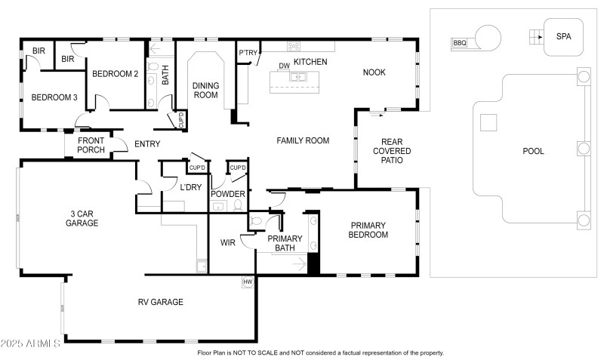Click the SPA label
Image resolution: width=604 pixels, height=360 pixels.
[x=563, y=36]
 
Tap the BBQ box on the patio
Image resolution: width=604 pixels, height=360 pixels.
[x=459, y=43]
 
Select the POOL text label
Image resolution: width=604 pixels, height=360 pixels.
[x=533, y=151]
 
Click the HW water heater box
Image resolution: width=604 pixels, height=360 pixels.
[x=247, y=282]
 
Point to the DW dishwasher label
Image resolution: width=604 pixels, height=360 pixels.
[x=285, y=66]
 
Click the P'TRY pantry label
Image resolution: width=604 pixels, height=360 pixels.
[x=248, y=53]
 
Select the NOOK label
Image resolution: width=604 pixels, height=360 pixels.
[x=374, y=72]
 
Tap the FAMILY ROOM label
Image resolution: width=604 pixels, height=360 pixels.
[x=303, y=140]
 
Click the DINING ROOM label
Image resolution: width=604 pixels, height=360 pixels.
[x=205, y=90]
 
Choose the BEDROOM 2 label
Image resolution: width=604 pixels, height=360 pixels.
[x=116, y=74]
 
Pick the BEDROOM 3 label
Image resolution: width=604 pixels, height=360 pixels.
[x=54, y=97]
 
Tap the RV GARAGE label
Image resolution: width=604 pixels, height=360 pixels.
[x=160, y=302]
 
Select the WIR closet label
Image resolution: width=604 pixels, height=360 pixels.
[x=229, y=243]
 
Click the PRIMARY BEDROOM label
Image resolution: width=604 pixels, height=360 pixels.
[x=368, y=230]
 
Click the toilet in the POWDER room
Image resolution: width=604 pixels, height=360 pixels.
[x=238, y=204]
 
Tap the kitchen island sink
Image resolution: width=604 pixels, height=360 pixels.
[x=299, y=76]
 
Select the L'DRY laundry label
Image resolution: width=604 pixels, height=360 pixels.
[x=190, y=187]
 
